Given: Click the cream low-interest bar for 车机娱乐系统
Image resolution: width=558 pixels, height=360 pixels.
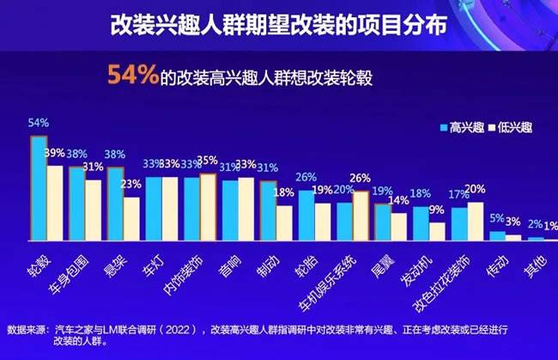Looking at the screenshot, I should (x=361, y=215).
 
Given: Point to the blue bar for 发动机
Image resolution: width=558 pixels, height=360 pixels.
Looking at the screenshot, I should (x=421, y=223).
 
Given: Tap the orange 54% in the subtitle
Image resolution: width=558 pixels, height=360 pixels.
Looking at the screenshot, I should (x=132, y=76).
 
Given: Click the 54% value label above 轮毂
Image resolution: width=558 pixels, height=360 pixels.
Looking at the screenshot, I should (x=38, y=123).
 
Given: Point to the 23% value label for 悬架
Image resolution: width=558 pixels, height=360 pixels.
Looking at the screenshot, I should (x=131, y=184).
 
